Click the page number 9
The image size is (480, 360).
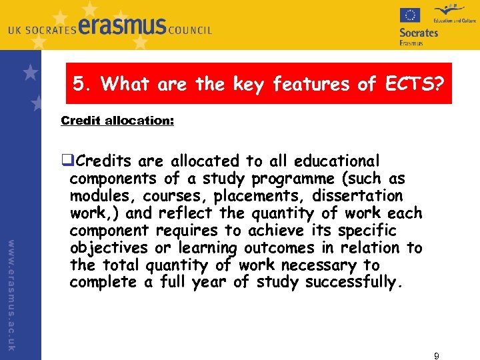tap(436, 355)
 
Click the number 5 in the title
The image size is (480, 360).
tap(79, 84)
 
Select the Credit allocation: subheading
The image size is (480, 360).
tap(117, 121)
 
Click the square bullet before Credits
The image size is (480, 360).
tap(65, 161)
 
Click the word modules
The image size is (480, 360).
tap(100, 196)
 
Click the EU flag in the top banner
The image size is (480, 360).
tap(409, 15)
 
